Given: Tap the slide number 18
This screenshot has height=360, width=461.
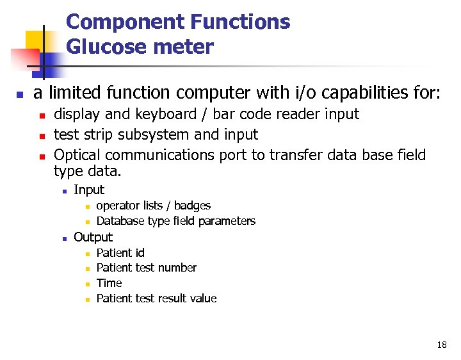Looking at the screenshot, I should click(442, 345).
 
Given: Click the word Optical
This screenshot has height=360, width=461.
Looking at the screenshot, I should click(77, 155).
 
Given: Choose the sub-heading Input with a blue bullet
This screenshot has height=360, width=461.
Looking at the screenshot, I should click(89, 190).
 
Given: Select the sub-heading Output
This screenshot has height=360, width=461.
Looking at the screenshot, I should click(93, 237).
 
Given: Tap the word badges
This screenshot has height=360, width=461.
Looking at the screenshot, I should click(192, 206).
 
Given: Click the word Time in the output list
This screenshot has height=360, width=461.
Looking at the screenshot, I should click(109, 283).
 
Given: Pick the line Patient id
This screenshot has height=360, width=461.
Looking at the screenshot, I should click(120, 253).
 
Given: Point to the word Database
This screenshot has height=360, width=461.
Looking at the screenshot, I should click(120, 221).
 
